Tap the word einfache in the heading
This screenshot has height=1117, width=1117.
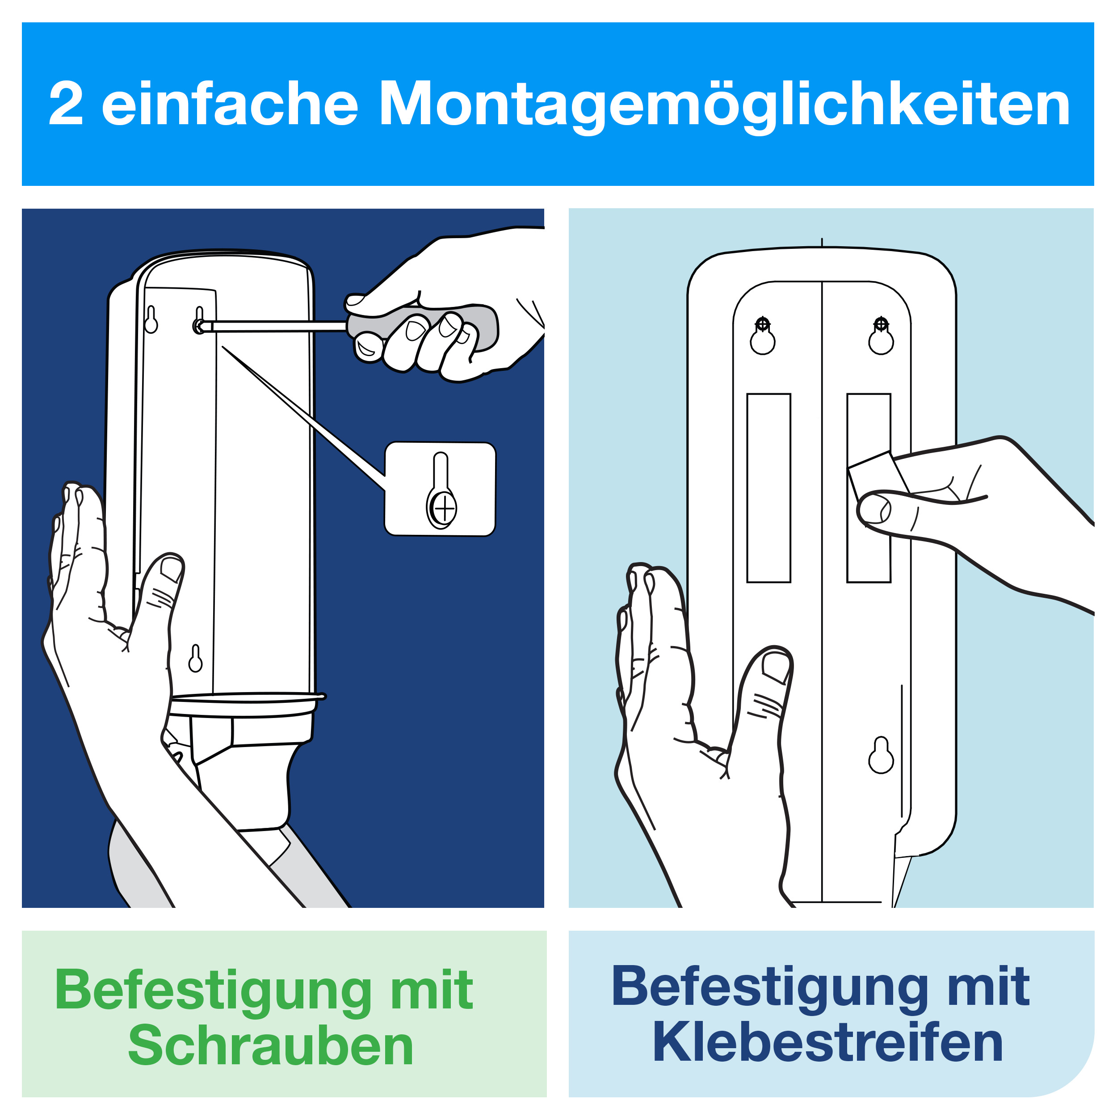(x=230, y=104)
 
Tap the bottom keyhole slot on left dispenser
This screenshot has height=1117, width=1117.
(x=195, y=659)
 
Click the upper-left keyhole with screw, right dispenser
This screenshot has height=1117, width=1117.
(x=763, y=336)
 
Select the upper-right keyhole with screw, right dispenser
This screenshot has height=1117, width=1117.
(x=881, y=336)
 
